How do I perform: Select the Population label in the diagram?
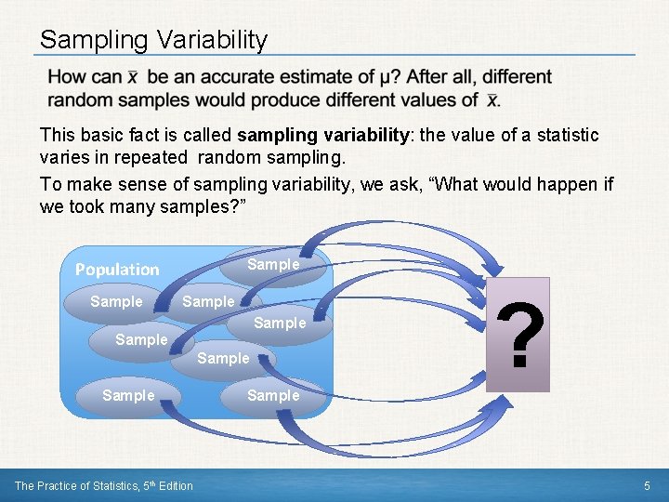[x=117, y=270]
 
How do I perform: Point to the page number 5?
[x=647, y=486]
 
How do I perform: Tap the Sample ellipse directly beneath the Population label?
[x=116, y=302]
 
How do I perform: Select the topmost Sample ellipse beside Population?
[x=273, y=265]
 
